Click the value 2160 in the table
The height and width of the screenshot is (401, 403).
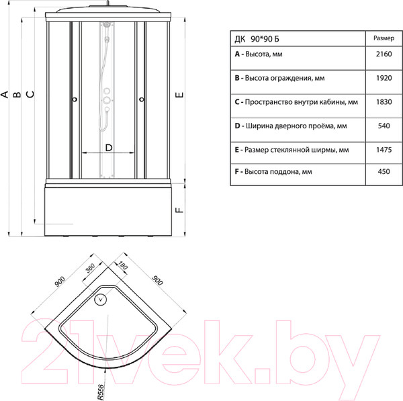[x=379, y=55]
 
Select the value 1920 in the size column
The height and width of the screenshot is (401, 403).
[x=379, y=78]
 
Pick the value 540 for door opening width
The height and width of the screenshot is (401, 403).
[x=379, y=125]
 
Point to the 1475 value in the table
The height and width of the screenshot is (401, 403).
[x=379, y=148]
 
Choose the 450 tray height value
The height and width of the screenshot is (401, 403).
[x=379, y=172]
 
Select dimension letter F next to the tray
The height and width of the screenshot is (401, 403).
[x=179, y=210]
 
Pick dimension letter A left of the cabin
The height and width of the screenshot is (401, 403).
[x=5, y=95]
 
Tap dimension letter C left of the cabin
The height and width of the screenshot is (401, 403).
[x=30, y=95]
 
